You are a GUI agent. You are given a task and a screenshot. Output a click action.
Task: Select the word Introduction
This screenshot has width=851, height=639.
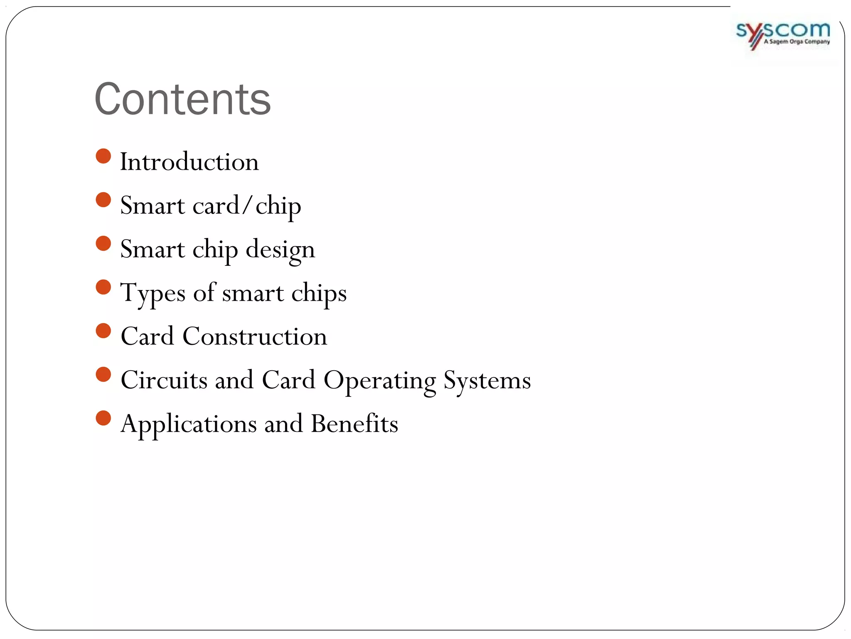tap(189, 162)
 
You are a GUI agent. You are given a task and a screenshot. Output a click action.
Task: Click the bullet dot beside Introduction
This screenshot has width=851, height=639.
tap(103, 156)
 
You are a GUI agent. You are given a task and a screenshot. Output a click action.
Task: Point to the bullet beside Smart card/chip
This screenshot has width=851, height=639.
tap(103, 200)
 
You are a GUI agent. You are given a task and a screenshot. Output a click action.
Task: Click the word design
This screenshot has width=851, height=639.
tap(280, 250)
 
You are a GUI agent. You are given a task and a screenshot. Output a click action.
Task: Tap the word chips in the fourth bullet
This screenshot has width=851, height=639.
tap(319, 293)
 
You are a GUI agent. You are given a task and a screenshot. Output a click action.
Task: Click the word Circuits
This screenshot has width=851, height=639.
tap(164, 380)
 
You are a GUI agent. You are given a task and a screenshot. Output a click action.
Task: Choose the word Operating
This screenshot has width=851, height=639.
tap(379, 381)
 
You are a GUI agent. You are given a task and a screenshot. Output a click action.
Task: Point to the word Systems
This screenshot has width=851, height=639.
tap(487, 381)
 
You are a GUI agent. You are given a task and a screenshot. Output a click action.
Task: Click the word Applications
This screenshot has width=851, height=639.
tap(189, 424)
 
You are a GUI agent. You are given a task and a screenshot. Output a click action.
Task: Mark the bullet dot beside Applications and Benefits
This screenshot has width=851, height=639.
tap(103, 418)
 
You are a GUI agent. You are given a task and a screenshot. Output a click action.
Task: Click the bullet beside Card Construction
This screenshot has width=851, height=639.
tap(103, 331)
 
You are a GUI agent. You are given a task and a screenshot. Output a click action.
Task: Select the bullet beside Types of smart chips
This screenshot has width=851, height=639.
tap(103, 287)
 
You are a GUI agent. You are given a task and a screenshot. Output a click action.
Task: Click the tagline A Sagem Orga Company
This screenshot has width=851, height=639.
tap(797, 42)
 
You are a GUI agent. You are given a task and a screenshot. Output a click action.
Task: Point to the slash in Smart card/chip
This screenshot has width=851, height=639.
tap(248, 205)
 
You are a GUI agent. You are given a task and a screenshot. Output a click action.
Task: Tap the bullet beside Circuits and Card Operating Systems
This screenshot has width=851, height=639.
tap(103, 374)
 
